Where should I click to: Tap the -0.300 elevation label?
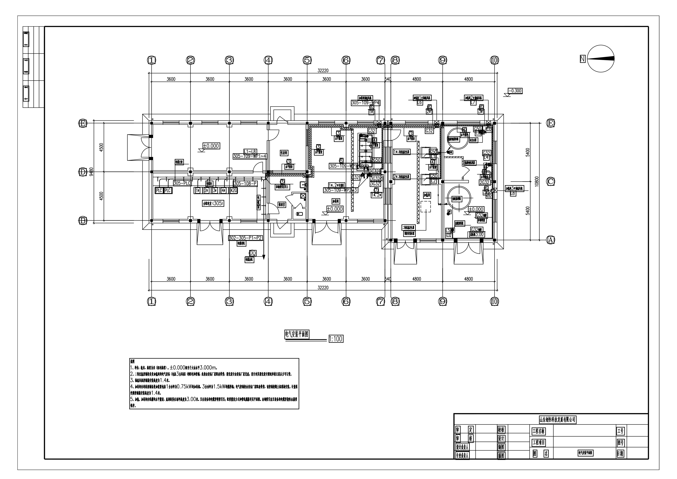[515, 91]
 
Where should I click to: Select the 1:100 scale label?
[336, 339]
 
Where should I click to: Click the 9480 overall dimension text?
[91, 171]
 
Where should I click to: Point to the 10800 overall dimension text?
[536, 181]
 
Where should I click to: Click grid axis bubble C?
[550, 181]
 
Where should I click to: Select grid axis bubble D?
[83, 172]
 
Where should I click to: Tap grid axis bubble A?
[550, 240]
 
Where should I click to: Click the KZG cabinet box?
[233, 190]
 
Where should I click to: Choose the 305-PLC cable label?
[182, 183]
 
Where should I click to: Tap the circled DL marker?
[253, 253]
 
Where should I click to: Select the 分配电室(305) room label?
[213, 203]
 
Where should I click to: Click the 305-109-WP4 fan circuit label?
[366, 103]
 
